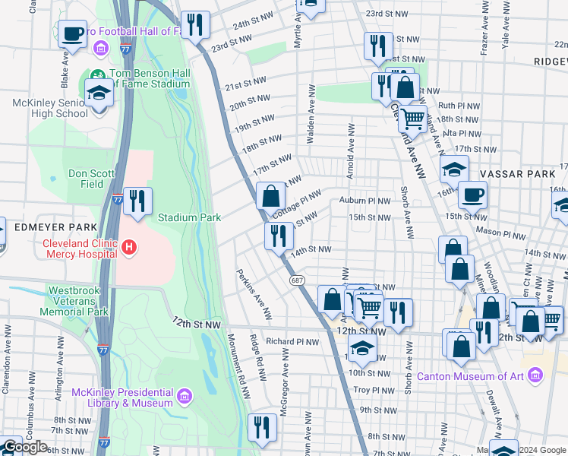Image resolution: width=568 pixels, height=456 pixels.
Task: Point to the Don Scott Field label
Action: coord(91,179)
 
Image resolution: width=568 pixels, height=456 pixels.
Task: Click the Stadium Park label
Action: coord(189,217)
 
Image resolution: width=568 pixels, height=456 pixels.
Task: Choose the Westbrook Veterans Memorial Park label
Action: coord(78,301)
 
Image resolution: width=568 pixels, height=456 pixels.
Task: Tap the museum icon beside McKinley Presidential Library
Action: coord(184,396)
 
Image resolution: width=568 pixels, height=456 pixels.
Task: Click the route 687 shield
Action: coord(297,280)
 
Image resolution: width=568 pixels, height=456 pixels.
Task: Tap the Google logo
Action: coord(25,447)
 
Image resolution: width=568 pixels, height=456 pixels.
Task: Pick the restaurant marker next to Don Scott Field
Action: coord(137,201)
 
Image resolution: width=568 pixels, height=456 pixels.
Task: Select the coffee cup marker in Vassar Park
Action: coord(472,195)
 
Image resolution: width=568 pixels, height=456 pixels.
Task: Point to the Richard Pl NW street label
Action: coord(292,342)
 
